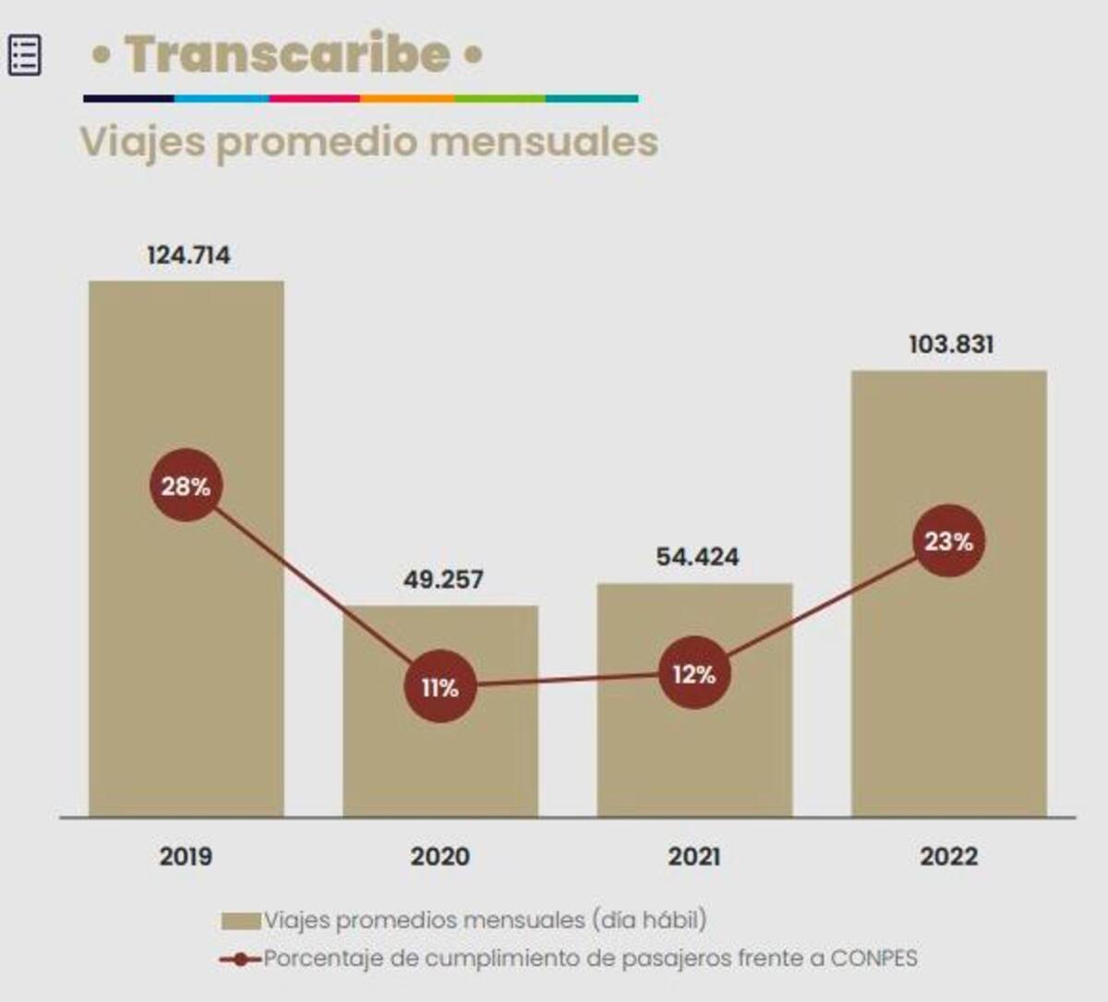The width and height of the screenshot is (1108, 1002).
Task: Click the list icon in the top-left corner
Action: tap(24, 55)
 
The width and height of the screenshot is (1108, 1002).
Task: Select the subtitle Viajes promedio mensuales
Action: tap(369, 142)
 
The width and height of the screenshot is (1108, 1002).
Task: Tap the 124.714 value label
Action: tap(188, 255)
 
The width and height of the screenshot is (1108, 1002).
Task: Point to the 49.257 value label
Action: tap(443, 579)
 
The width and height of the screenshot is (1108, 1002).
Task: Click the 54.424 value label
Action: tap(697, 557)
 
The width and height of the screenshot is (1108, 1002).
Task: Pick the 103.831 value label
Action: tap(951, 344)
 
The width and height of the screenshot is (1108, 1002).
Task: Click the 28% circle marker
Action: tap(187, 486)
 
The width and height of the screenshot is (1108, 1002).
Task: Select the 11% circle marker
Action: tap(440, 687)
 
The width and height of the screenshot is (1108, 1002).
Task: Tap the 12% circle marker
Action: tap(694, 674)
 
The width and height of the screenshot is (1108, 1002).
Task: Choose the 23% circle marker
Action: tap(948, 541)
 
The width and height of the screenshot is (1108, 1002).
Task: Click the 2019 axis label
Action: tap(186, 856)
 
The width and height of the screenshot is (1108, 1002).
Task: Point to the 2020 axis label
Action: tap(440, 856)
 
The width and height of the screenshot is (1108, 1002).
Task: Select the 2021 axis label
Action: tap(694, 856)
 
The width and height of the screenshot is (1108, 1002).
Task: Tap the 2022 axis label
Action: tap(948, 856)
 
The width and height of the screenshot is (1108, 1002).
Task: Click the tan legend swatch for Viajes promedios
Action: tap(240, 921)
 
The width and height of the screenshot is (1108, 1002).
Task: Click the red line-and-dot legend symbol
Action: tap(240, 960)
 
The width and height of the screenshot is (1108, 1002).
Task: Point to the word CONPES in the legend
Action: tap(873, 959)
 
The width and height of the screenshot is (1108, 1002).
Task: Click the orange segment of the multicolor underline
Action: tap(406, 98)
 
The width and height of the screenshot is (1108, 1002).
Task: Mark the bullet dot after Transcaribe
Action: tap(473, 55)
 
